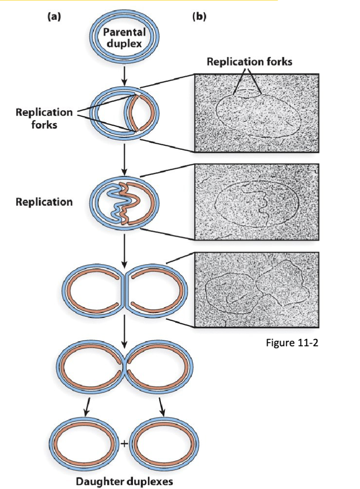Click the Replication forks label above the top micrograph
point(249,61)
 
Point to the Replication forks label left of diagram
point(44,118)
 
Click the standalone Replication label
point(44,202)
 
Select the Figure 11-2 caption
point(293,343)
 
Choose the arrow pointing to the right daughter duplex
point(162,407)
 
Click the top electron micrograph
point(257,113)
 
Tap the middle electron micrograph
point(257,202)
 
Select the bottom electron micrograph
point(257,290)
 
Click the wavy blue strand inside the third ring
point(115,205)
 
